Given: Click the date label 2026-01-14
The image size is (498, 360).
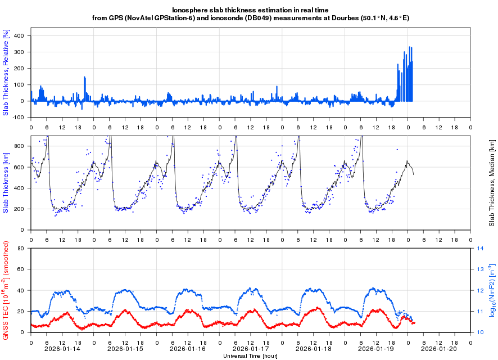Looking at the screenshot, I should [x=62, y=348].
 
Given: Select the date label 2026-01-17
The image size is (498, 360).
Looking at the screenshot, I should [x=251, y=348].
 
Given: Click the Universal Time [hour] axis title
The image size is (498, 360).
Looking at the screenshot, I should [x=251, y=356].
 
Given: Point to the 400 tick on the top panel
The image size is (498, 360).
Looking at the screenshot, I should [x=19, y=35].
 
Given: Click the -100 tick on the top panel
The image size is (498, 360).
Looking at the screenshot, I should [x=18, y=118].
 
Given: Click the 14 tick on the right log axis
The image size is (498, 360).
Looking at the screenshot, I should [x=481, y=248].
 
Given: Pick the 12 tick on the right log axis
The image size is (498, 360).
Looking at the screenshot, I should [x=481, y=290].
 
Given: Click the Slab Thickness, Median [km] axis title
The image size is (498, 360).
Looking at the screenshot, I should [x=491, y=183].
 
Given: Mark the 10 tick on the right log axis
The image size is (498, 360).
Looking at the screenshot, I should [x=481, y=332].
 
